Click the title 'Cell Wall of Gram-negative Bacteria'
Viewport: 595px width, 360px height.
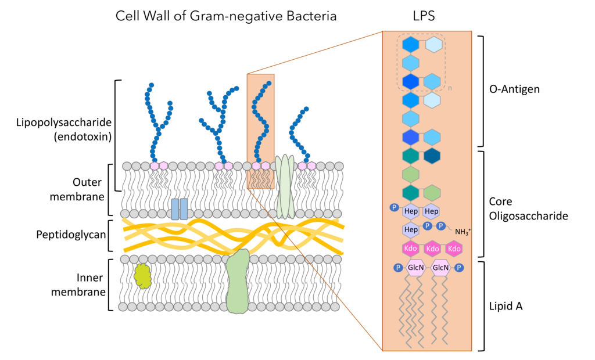point(226,16)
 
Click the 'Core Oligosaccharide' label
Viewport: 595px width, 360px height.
point(528,208)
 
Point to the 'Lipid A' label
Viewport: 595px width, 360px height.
point(507,305)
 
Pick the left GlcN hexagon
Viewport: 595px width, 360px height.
point(415,268)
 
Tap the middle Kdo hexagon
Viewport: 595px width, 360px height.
point(432,249)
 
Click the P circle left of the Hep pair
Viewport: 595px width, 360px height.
point(393,208)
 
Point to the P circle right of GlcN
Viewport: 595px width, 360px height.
point(458,268)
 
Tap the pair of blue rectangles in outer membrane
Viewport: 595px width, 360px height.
point(179,208)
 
